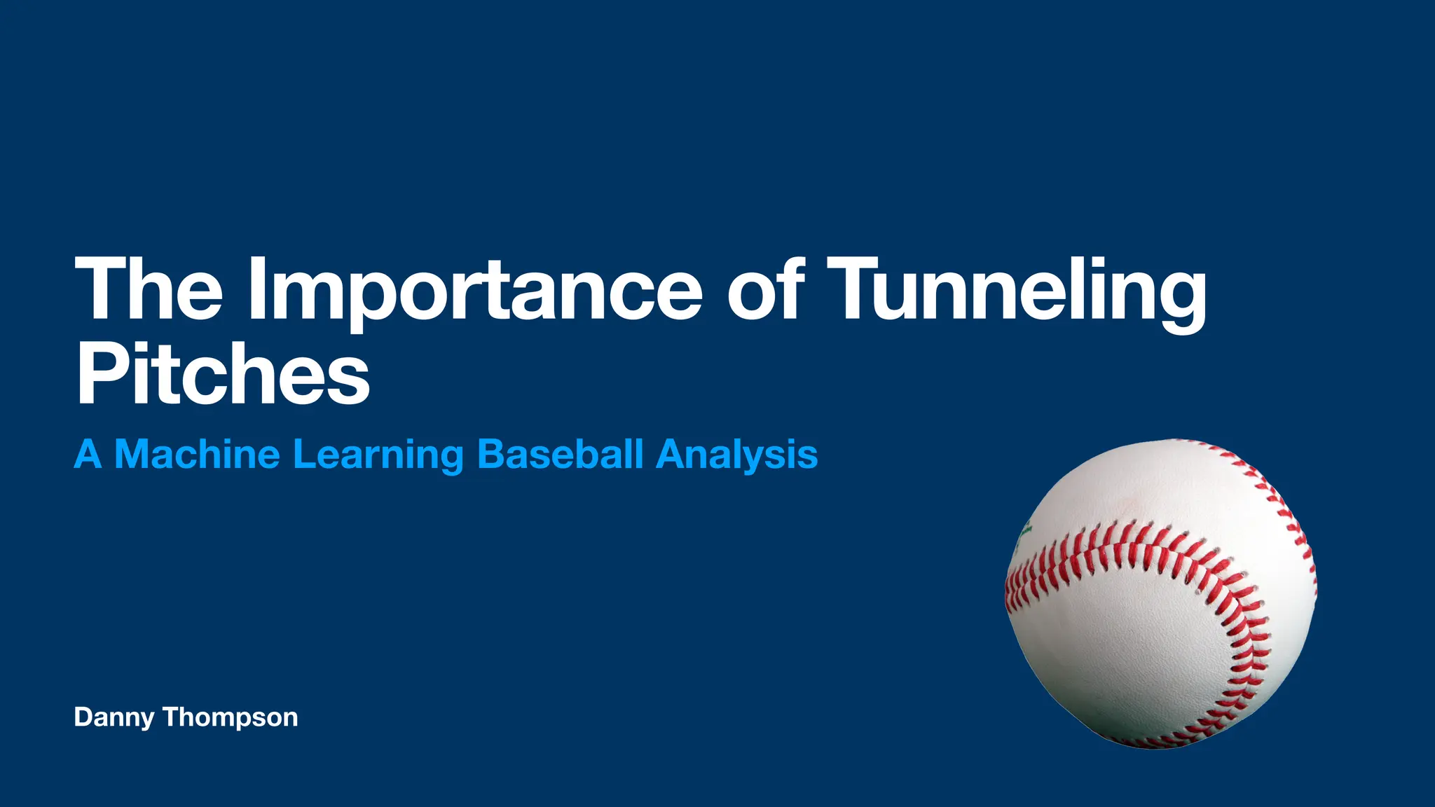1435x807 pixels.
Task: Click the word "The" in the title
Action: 149,289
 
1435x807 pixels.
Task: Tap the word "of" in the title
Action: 765,289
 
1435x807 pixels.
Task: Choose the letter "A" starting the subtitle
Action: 88,454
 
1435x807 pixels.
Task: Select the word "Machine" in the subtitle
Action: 197,454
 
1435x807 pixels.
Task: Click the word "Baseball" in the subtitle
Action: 560,454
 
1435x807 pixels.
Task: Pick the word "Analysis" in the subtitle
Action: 736,455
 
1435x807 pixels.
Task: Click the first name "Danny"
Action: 114,718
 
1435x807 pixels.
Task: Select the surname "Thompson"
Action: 231,718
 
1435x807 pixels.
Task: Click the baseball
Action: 1161,593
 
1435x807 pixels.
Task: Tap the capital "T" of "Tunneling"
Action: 858,289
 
